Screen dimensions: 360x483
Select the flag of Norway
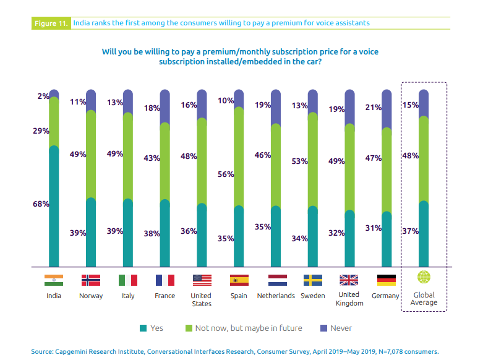pos(91,280)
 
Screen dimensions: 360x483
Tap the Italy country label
pos(128,296)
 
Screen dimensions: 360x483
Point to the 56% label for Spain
pos(226,174)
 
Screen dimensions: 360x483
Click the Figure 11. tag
pos(50,24)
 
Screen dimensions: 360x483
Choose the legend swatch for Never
pos(323,328)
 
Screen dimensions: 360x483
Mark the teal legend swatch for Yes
pos(143,328)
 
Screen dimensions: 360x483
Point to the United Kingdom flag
pos(349,280)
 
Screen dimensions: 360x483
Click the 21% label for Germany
pos(373,108)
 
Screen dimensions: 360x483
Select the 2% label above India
pos(43,96)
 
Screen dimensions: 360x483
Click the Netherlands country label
pos(276,296)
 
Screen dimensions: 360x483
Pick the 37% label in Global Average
pos(411,231)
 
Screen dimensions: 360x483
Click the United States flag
pos(202,280)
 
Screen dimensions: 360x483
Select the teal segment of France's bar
pos(165,233)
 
